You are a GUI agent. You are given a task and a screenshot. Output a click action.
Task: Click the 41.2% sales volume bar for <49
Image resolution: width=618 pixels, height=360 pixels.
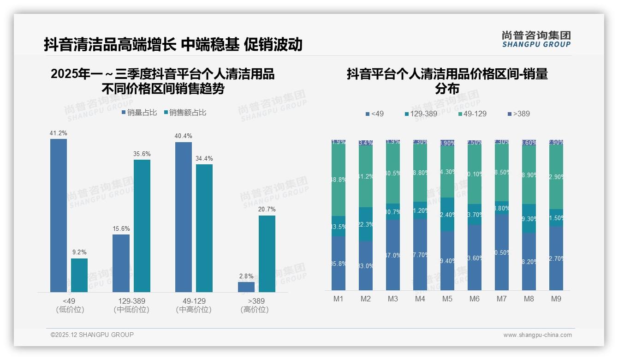tap(59, 215)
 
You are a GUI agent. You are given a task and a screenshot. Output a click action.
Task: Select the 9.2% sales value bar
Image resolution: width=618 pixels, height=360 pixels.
tap(79, 275)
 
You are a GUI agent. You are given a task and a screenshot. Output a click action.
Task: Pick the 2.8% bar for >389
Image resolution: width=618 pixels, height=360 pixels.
tap(246, 287)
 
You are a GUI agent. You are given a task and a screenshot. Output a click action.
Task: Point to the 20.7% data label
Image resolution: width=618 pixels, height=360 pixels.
tap(267, 209)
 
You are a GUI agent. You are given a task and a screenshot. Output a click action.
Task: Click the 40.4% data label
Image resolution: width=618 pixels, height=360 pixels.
tap(184, 136)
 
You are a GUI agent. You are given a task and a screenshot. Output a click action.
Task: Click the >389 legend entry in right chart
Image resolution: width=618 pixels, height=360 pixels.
tap(518, 114)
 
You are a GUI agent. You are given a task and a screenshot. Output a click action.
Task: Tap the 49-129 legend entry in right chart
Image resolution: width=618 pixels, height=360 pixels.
tap(472, 114)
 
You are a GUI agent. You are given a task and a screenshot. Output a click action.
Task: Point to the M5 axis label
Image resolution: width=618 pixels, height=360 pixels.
tap(447, 299)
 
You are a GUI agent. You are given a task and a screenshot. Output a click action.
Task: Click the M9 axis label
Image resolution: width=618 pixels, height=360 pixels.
tap(556, 299)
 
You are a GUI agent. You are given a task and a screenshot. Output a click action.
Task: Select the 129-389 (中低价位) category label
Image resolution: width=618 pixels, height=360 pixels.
tap(131, 305)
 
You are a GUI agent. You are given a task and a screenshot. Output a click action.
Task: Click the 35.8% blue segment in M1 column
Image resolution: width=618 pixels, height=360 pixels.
tap(339, 264)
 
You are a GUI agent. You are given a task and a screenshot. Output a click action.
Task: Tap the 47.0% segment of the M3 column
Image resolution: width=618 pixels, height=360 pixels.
tap(393, 255)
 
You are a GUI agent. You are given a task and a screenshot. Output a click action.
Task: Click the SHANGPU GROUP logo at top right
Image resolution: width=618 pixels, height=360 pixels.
tap(536, 39)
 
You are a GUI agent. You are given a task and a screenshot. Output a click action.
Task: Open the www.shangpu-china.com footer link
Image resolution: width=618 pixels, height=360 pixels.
tap(537, 335)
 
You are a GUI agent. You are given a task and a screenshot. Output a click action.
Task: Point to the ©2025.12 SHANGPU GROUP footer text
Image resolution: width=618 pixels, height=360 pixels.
tap(92, 335)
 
